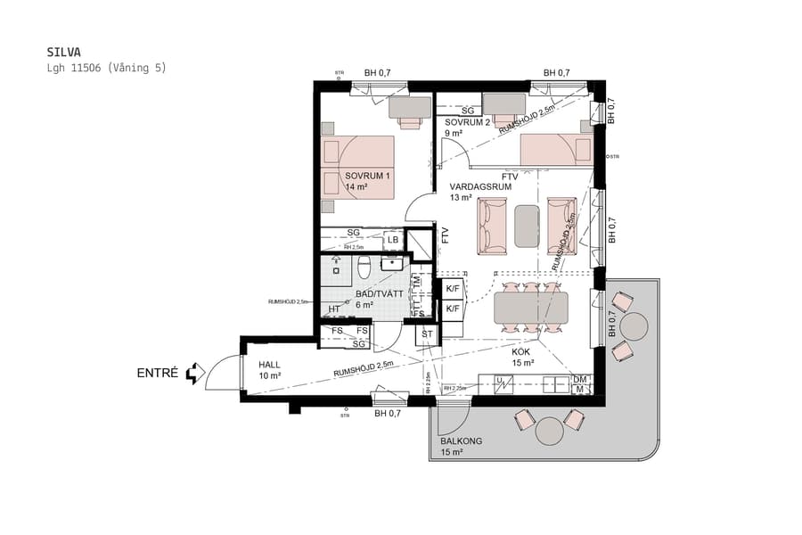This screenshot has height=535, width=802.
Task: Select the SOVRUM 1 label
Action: click(x=367, y=181)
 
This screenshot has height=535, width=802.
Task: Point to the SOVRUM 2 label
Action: click(x=467, y=128)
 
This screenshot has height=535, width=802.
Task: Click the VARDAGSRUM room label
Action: click(x=480, y=192)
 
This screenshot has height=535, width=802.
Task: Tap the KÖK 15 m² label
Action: click(x=523, y=357)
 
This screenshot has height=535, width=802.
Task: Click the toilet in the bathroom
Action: click(x=364, y=267)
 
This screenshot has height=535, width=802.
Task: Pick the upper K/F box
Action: click(x=453, y=288)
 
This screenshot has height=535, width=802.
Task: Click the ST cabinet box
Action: click(x=428, y=335)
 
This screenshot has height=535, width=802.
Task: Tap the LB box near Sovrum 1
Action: click(x=393, y=241)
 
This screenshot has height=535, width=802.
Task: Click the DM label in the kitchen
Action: click(x=580, y=379)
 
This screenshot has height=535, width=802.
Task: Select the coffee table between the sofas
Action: click(x=527, y=226)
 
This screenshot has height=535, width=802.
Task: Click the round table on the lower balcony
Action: click(x=550, y=432)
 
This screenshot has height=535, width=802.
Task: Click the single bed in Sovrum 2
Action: click(x=555, y=150)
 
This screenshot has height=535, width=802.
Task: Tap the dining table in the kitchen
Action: click(x=531, y=308)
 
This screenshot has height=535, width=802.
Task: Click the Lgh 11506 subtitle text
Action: click(x=106, y=68)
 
